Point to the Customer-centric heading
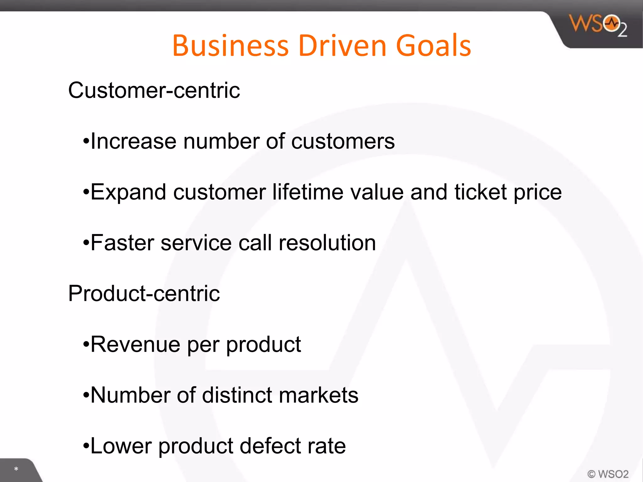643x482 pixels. click(x=154, y=90)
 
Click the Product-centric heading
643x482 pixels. click(x=144, y=294)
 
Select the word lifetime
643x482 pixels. click(x=308, y=192)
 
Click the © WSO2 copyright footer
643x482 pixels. click(x=608, y=474)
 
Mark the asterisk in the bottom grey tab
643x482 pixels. click(x=16, y=469)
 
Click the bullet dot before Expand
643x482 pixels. click(x=86, y=192)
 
